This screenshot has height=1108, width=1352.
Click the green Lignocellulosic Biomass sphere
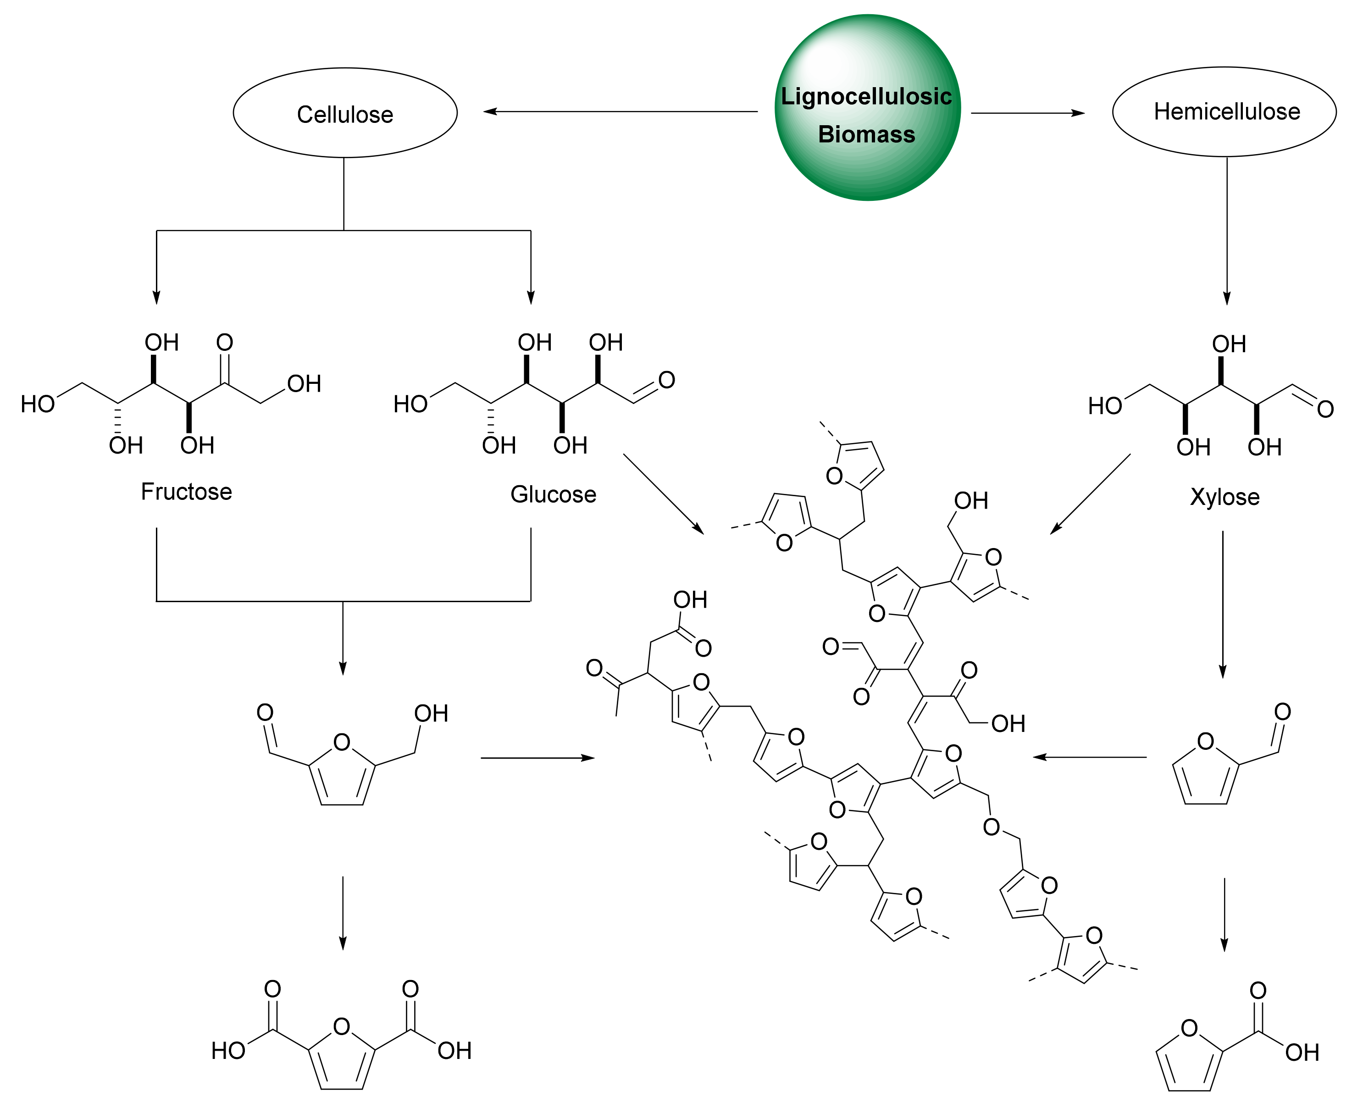(x=867, y=107)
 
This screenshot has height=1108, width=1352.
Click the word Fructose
(x=186, y=492)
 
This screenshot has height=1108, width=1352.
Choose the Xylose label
(x=1225, y=497)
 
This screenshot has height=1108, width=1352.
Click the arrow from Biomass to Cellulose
(x=619, y=112)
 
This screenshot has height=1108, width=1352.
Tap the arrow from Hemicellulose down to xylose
(x=1226, y=230)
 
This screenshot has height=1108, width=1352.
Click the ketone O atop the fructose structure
(x=225, y=343)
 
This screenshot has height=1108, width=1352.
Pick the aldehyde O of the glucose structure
(x=666, y=380)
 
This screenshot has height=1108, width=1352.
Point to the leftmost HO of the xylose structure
(x=1105, y=406)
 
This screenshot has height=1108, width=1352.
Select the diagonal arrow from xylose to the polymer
(x=1090, y=493)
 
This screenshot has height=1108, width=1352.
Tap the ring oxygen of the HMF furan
(x=342, y=742)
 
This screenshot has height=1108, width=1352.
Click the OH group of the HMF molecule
(x=431, y=714)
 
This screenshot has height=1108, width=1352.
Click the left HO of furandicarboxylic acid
(x=228, y=1051)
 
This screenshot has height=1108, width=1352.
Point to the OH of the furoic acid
(x=1302, y=1053)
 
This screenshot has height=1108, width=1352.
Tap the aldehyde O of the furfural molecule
(x=1282, y=712)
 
